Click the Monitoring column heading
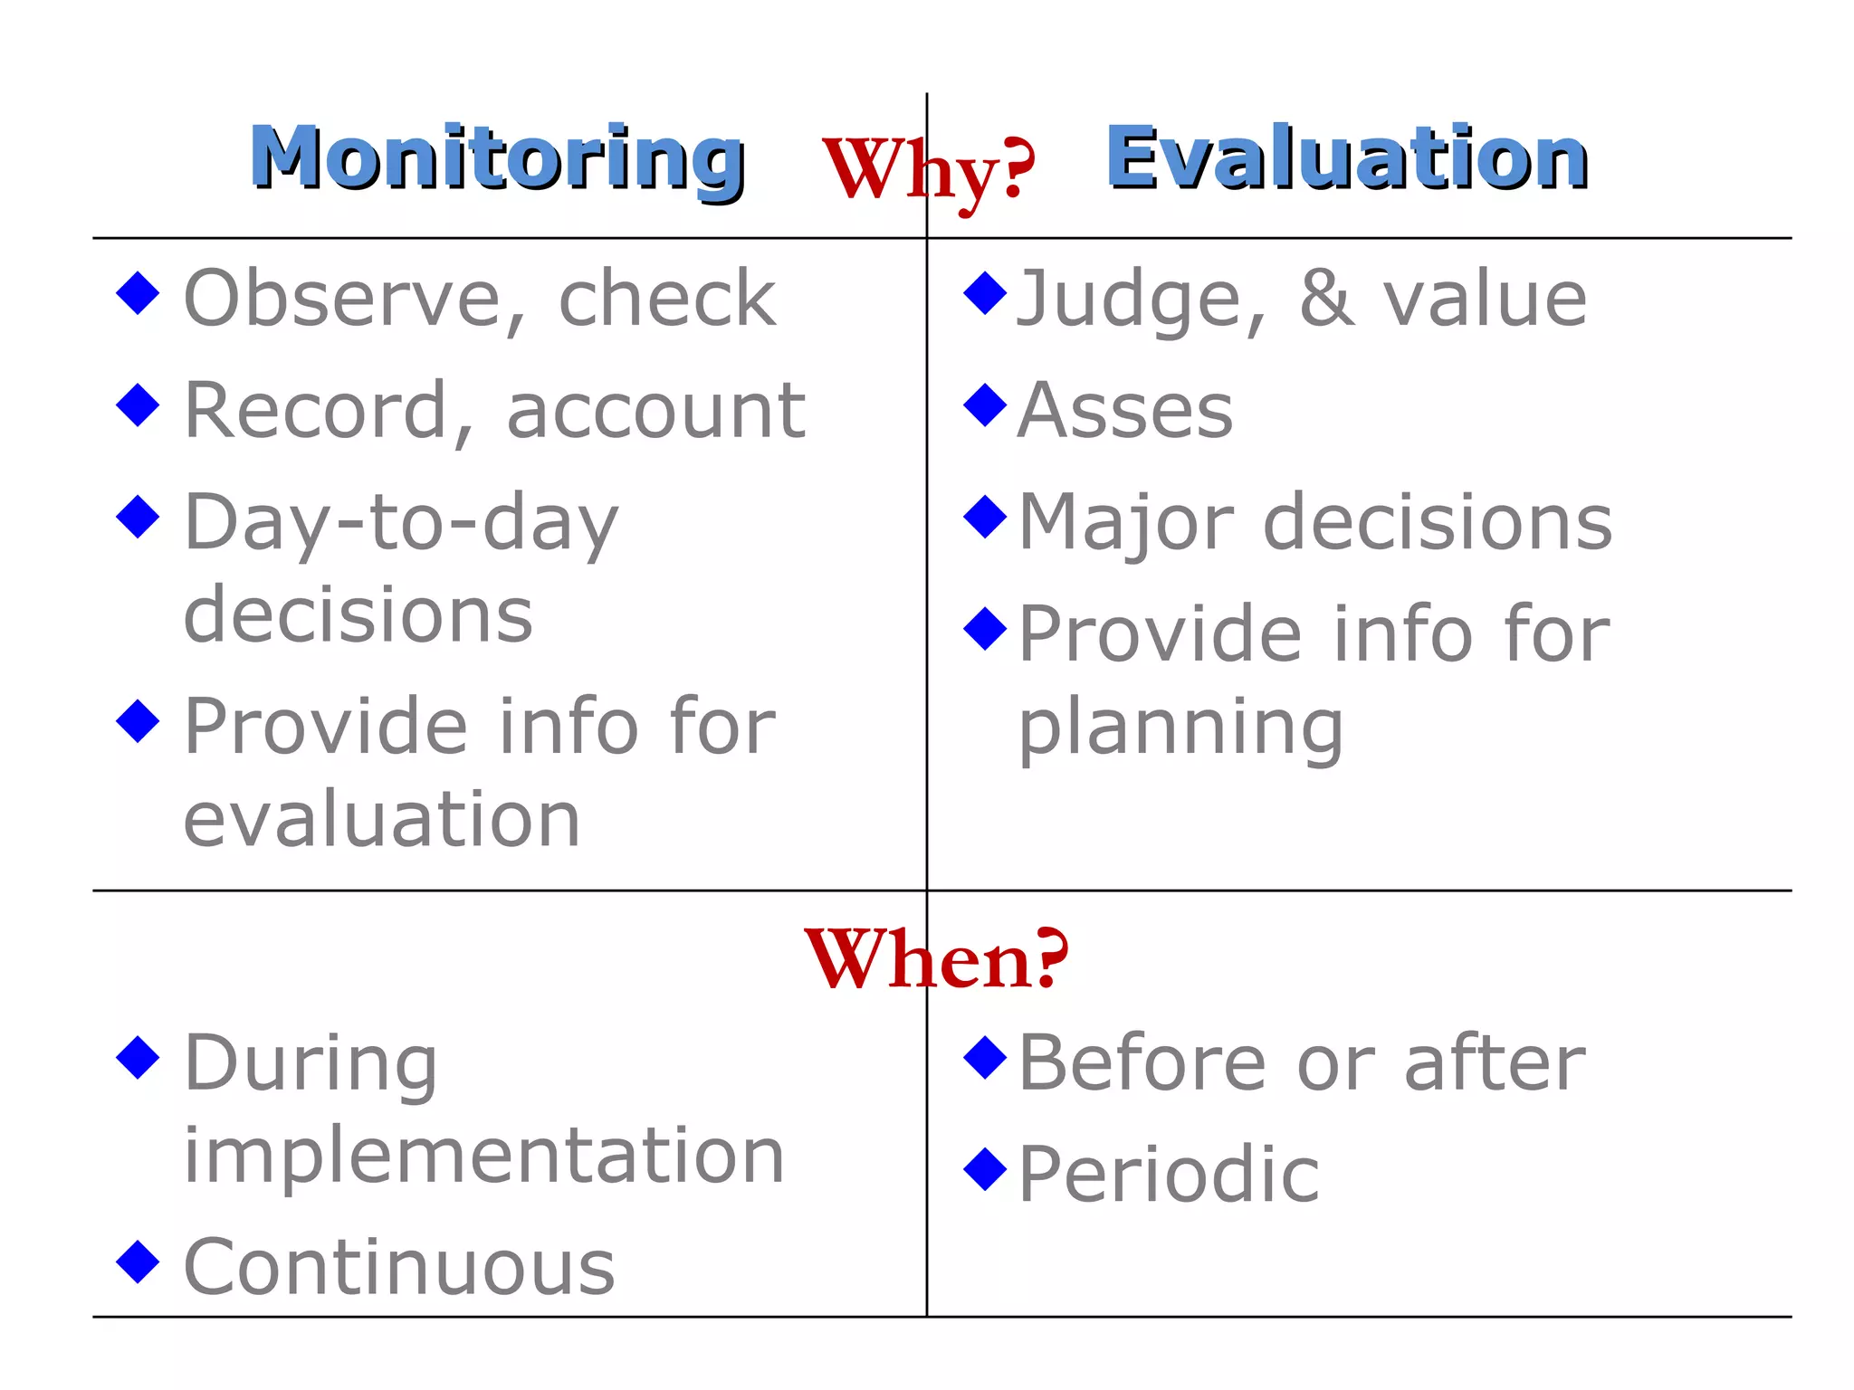[497, 158]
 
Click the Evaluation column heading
[1347, 158]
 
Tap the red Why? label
[929, 170]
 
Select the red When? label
[936, 959]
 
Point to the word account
[655, 411]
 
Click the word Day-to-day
[401, 523]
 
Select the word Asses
[1125, 411]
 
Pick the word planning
[1180, 728]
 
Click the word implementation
[483, 1156]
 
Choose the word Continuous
[399, 1267]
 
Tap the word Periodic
[1169, 1175]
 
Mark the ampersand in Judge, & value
[1327, 299]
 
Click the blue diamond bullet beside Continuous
[139, 1261]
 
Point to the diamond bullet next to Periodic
[986, 1168]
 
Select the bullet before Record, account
[139, 405]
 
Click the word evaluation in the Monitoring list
[381, 819]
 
